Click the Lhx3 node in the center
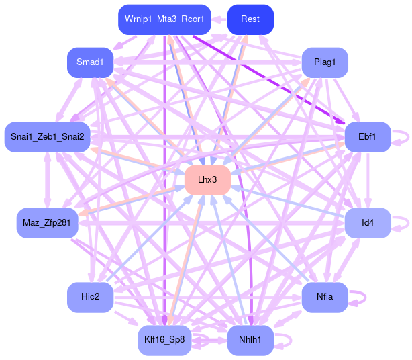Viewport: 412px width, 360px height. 207,180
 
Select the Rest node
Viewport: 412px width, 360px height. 250,19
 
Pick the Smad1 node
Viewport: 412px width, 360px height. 90,62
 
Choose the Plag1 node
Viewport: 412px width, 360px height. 325,62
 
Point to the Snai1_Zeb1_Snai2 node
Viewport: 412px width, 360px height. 47,137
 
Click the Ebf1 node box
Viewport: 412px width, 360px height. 367,137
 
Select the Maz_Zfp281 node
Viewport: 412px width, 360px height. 47,222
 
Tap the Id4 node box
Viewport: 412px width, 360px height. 367,222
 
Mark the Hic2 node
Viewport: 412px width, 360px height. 90,297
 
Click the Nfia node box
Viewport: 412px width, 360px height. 325,297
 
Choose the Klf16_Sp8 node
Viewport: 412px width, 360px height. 164,340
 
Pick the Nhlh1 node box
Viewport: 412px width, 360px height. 250,340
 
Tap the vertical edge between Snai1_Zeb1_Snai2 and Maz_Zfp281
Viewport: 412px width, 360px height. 47,179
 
